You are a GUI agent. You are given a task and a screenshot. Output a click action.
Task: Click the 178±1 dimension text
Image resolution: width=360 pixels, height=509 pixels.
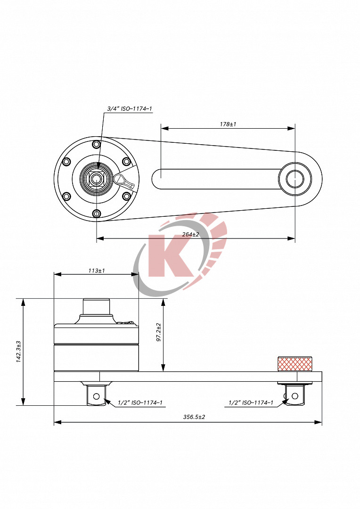[x=228, y=124]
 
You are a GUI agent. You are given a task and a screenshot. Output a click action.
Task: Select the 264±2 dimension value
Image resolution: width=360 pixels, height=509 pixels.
[x=190, y=234]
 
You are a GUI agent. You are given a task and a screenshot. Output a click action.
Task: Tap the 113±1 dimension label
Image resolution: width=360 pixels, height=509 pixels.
[x=96, y=271]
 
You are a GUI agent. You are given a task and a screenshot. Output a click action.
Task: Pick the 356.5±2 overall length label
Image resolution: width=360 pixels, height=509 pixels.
[x=194, y=417]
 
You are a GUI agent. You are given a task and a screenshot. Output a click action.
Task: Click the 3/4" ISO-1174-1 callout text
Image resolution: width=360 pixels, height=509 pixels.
[x=130, y=109]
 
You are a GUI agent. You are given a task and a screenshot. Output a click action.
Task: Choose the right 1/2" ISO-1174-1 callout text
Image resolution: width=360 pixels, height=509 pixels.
[x=251, y=402]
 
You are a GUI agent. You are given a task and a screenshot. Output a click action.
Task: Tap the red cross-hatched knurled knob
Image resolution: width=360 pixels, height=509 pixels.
[x=295, y=364]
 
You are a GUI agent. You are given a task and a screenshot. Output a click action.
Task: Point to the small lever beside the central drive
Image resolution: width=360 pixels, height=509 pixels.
[x=124, y=180]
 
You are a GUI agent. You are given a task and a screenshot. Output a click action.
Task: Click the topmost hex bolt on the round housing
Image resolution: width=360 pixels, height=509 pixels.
[x=97, y=144]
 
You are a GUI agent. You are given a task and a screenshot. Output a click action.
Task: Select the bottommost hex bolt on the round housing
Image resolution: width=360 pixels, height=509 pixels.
[x=97, y=214]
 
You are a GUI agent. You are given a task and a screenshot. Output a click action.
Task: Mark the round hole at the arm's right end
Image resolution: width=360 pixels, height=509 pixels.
[x=295, y=179]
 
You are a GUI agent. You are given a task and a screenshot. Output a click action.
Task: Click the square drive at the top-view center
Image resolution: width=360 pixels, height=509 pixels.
[x=97, y=179]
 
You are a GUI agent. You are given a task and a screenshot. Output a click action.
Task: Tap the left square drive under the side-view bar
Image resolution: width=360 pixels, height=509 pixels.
[x=97, y=395]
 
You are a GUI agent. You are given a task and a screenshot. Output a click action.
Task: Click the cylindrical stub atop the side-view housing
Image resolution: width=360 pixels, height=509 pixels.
[x=97, y=307]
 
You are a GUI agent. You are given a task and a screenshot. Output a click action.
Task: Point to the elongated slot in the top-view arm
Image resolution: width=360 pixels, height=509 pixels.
[x=217, y=179]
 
